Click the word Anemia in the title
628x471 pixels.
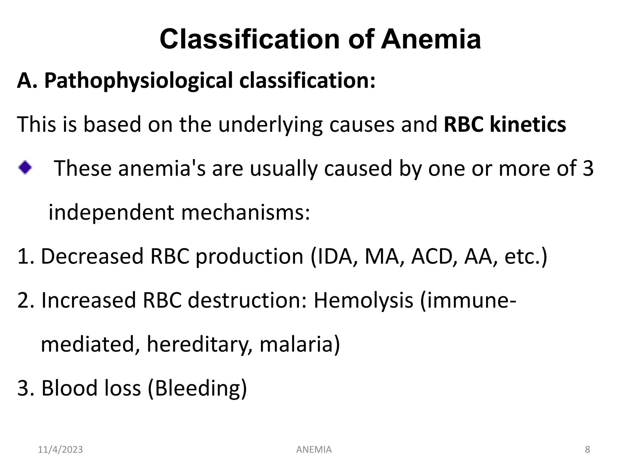pyautogui.click(x=431, y=39)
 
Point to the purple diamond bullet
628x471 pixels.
pyautogui.click(x=25, y=168)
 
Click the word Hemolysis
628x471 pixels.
pyautogui.click(x=363, y=300)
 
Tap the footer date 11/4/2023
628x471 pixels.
pyautogui.click(x=60, y=450)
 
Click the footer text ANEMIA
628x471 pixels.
pyautogui.click(x=314, y=450)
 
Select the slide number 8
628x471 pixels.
pyautogui.click(x=588, y=450)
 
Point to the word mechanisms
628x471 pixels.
pyautogui.click(x=245, y=212)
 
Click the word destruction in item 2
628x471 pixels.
pyautogui.click(x=247, y=300)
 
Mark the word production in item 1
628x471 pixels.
pyautogui.click(x=249, y=256)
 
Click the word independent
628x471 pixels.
pyautogui.click(x=111, y=212)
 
